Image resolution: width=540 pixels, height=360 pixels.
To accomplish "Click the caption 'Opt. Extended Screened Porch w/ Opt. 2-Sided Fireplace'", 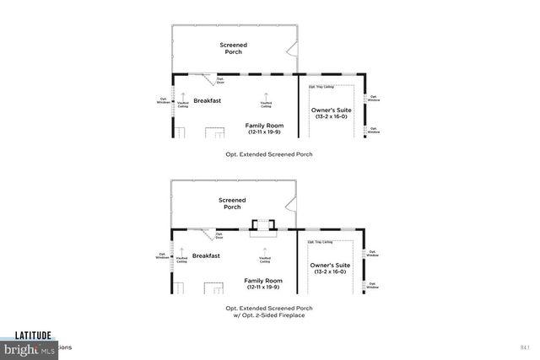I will pos(269,312).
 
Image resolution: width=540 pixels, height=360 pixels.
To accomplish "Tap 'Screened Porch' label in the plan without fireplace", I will pos(233,48).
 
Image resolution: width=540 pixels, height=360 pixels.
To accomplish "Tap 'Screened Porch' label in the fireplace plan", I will pos(232,203).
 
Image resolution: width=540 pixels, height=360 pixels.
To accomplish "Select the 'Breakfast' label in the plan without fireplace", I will pos(208,100).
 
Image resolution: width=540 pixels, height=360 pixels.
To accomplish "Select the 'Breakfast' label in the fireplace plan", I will pos(207,255).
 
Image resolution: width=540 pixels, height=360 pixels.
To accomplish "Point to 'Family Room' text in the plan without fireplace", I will pos(266,126).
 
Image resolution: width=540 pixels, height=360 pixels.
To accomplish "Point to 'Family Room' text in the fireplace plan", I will pos(265,280).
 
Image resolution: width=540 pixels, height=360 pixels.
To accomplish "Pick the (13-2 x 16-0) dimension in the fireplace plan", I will pos(330,271).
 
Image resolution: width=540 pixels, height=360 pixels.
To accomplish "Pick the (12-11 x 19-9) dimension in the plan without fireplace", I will pos(266,132).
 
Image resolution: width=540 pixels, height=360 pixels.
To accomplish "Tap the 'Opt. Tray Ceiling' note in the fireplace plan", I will pos(321,242).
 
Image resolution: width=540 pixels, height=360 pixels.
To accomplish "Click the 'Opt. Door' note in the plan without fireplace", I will pos(220,81).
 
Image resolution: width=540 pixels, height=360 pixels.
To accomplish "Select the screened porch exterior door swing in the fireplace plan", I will pos(291,202).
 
